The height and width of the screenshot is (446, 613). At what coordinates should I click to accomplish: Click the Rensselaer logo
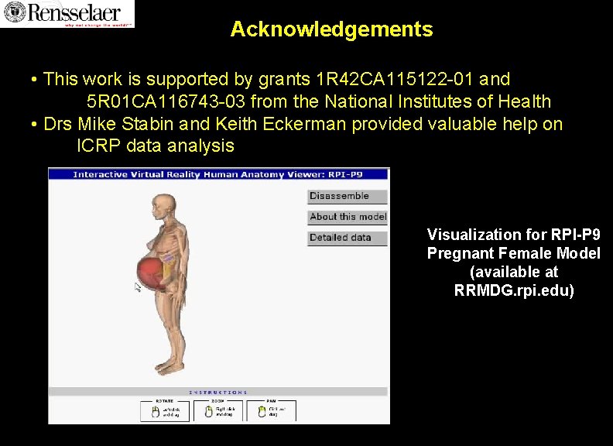67,14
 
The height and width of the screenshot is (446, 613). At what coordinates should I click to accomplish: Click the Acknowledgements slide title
331,29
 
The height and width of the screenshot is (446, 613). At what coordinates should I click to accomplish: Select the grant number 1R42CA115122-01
396,79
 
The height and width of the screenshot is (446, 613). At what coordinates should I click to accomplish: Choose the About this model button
348,218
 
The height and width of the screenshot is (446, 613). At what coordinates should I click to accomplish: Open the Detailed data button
348,238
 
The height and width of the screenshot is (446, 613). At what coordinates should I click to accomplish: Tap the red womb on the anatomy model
151,273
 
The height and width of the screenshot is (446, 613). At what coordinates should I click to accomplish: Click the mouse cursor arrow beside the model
138,287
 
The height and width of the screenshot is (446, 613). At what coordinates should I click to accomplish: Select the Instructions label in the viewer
218,393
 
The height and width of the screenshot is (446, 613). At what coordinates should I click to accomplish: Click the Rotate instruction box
164,410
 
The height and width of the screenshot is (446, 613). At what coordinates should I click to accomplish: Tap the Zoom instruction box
218,410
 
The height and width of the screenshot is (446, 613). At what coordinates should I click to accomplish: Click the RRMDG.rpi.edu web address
514,291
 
